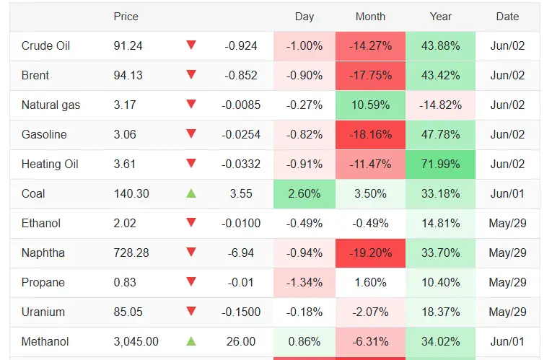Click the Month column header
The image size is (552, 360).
point(370,17)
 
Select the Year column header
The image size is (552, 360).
point(440,17)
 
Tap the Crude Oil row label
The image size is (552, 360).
point(45,45)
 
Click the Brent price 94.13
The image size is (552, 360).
point(128,75)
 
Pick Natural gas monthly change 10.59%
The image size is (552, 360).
point(370,105)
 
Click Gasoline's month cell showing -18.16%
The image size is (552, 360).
point(370,134)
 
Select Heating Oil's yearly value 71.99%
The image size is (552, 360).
point(440,164)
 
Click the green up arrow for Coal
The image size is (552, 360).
point(191,193)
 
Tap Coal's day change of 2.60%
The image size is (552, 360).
point(305,193)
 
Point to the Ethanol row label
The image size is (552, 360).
point(41,223)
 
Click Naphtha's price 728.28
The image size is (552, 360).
point(131,253)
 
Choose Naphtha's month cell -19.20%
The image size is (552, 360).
point(370,253)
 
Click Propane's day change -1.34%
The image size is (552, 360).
point(305,282)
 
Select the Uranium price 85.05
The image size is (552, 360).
point(128,312)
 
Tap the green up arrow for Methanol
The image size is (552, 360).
point(191,341)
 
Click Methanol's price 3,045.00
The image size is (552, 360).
point(136,341)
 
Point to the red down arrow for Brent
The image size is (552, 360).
point(191,74)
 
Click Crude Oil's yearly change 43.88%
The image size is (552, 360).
point(440,45)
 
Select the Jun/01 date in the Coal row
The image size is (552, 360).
point(507,193)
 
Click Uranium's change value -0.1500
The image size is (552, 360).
point(241,312)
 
